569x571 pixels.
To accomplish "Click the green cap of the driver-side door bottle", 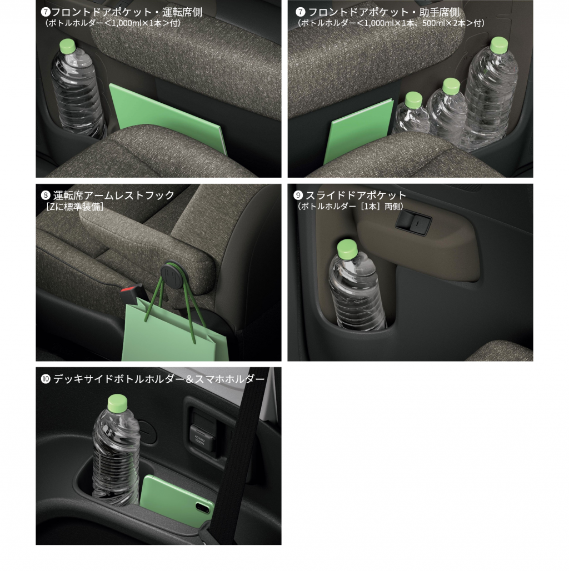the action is [67, 46].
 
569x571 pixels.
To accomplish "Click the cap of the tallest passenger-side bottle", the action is [500, 45].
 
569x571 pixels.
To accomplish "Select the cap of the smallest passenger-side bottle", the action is [413, 99].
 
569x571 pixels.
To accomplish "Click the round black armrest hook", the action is [171, 272].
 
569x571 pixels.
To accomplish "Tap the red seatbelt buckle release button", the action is [129, 290].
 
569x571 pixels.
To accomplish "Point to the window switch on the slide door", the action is [413, 221].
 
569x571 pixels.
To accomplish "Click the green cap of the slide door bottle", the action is [347, 249].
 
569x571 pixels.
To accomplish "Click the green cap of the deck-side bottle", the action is [118, 402].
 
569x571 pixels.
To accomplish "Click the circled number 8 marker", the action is [46, 196].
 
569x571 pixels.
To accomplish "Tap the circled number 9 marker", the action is [298, 196].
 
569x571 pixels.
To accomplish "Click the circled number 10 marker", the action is [46, 379].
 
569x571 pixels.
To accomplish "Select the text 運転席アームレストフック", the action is [114, 196].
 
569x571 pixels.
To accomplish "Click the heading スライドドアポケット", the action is [356, 196].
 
